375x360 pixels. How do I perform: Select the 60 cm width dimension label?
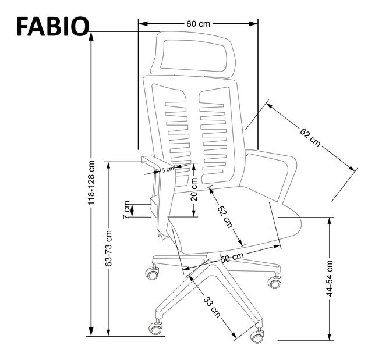[198, 24]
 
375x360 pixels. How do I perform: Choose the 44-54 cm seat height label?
[330, 278]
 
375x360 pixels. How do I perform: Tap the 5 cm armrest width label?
[168, 169]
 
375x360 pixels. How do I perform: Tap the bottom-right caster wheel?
[256, 337]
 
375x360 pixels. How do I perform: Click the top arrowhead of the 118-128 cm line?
[91, 35]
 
